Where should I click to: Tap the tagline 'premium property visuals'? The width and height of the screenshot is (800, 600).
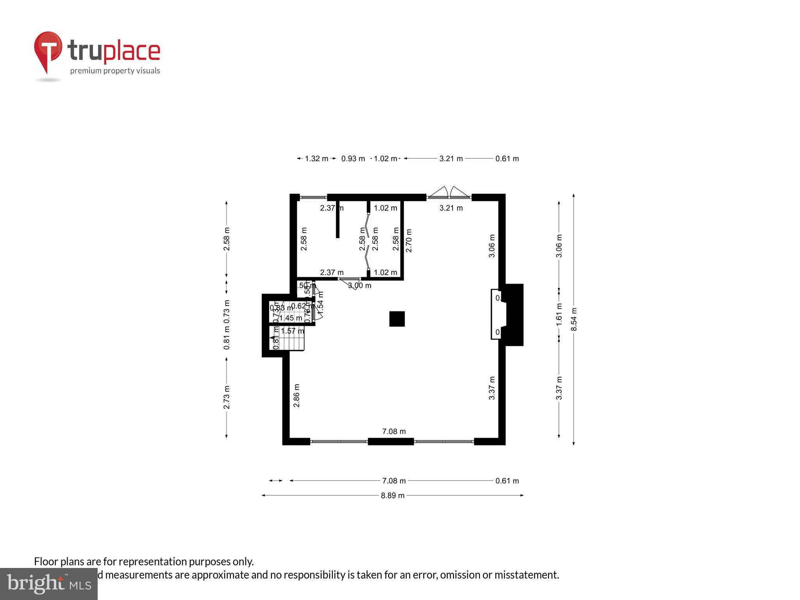115,71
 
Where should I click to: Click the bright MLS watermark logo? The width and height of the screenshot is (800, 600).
49,584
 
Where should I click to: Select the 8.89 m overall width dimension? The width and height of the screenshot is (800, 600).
393,495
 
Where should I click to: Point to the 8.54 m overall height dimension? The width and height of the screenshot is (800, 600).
573,319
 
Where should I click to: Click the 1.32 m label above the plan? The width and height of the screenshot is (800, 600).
316,159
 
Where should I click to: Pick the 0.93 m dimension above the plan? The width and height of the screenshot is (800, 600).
353,159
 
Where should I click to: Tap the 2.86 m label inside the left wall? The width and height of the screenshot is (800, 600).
297,395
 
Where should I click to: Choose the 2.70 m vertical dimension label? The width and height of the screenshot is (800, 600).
409,241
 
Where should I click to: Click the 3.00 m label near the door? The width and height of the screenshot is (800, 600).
359,286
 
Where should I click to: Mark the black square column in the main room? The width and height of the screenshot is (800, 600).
397,319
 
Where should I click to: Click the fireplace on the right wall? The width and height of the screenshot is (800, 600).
508,314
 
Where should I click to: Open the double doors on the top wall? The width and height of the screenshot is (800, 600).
449,193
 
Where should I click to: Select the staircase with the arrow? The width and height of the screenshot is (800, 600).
287,339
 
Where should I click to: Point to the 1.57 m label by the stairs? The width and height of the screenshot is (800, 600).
292,331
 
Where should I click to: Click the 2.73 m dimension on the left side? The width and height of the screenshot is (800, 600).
227,397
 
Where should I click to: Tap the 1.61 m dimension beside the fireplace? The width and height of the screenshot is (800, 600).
559,314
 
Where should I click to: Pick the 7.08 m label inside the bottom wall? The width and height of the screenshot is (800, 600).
394,431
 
